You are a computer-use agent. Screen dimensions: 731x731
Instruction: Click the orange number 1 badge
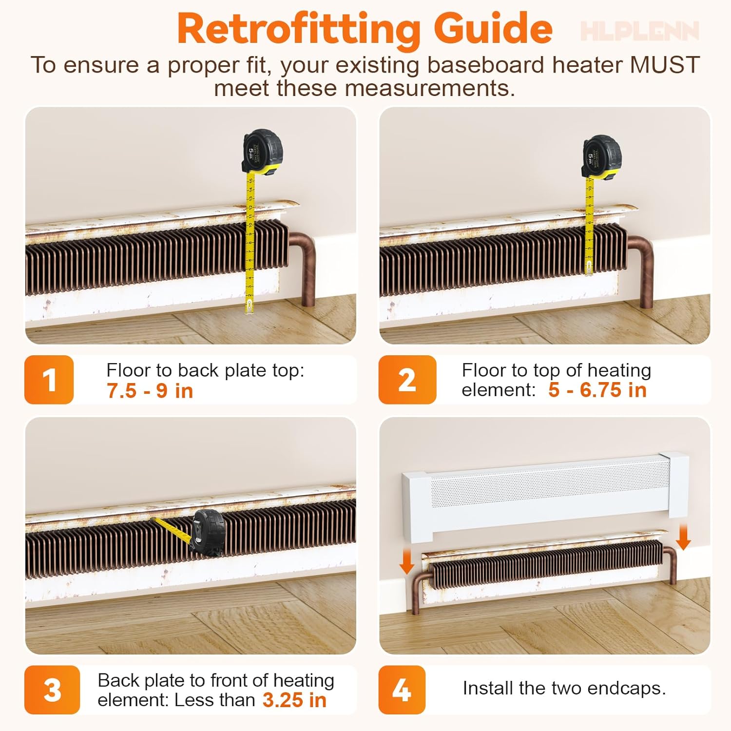pos(49,380)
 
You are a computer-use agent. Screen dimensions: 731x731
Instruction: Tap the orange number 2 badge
pos(407,380)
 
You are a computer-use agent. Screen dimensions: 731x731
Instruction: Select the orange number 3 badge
pos(52,690)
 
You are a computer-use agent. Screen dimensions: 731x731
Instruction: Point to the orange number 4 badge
pos(402,690)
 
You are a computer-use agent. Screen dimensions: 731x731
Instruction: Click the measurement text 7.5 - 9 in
pos(150,391)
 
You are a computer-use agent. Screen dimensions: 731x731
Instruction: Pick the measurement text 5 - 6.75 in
pos(597,390)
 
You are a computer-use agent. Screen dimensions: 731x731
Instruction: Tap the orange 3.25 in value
pos(294,700)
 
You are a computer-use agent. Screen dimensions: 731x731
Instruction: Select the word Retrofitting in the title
pos(298,29)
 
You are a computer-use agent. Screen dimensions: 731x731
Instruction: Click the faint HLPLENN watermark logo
pos(639,31)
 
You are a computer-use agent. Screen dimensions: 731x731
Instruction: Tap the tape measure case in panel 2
pos(602,157)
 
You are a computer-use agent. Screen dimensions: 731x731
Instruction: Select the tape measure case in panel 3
pos(209,533)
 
